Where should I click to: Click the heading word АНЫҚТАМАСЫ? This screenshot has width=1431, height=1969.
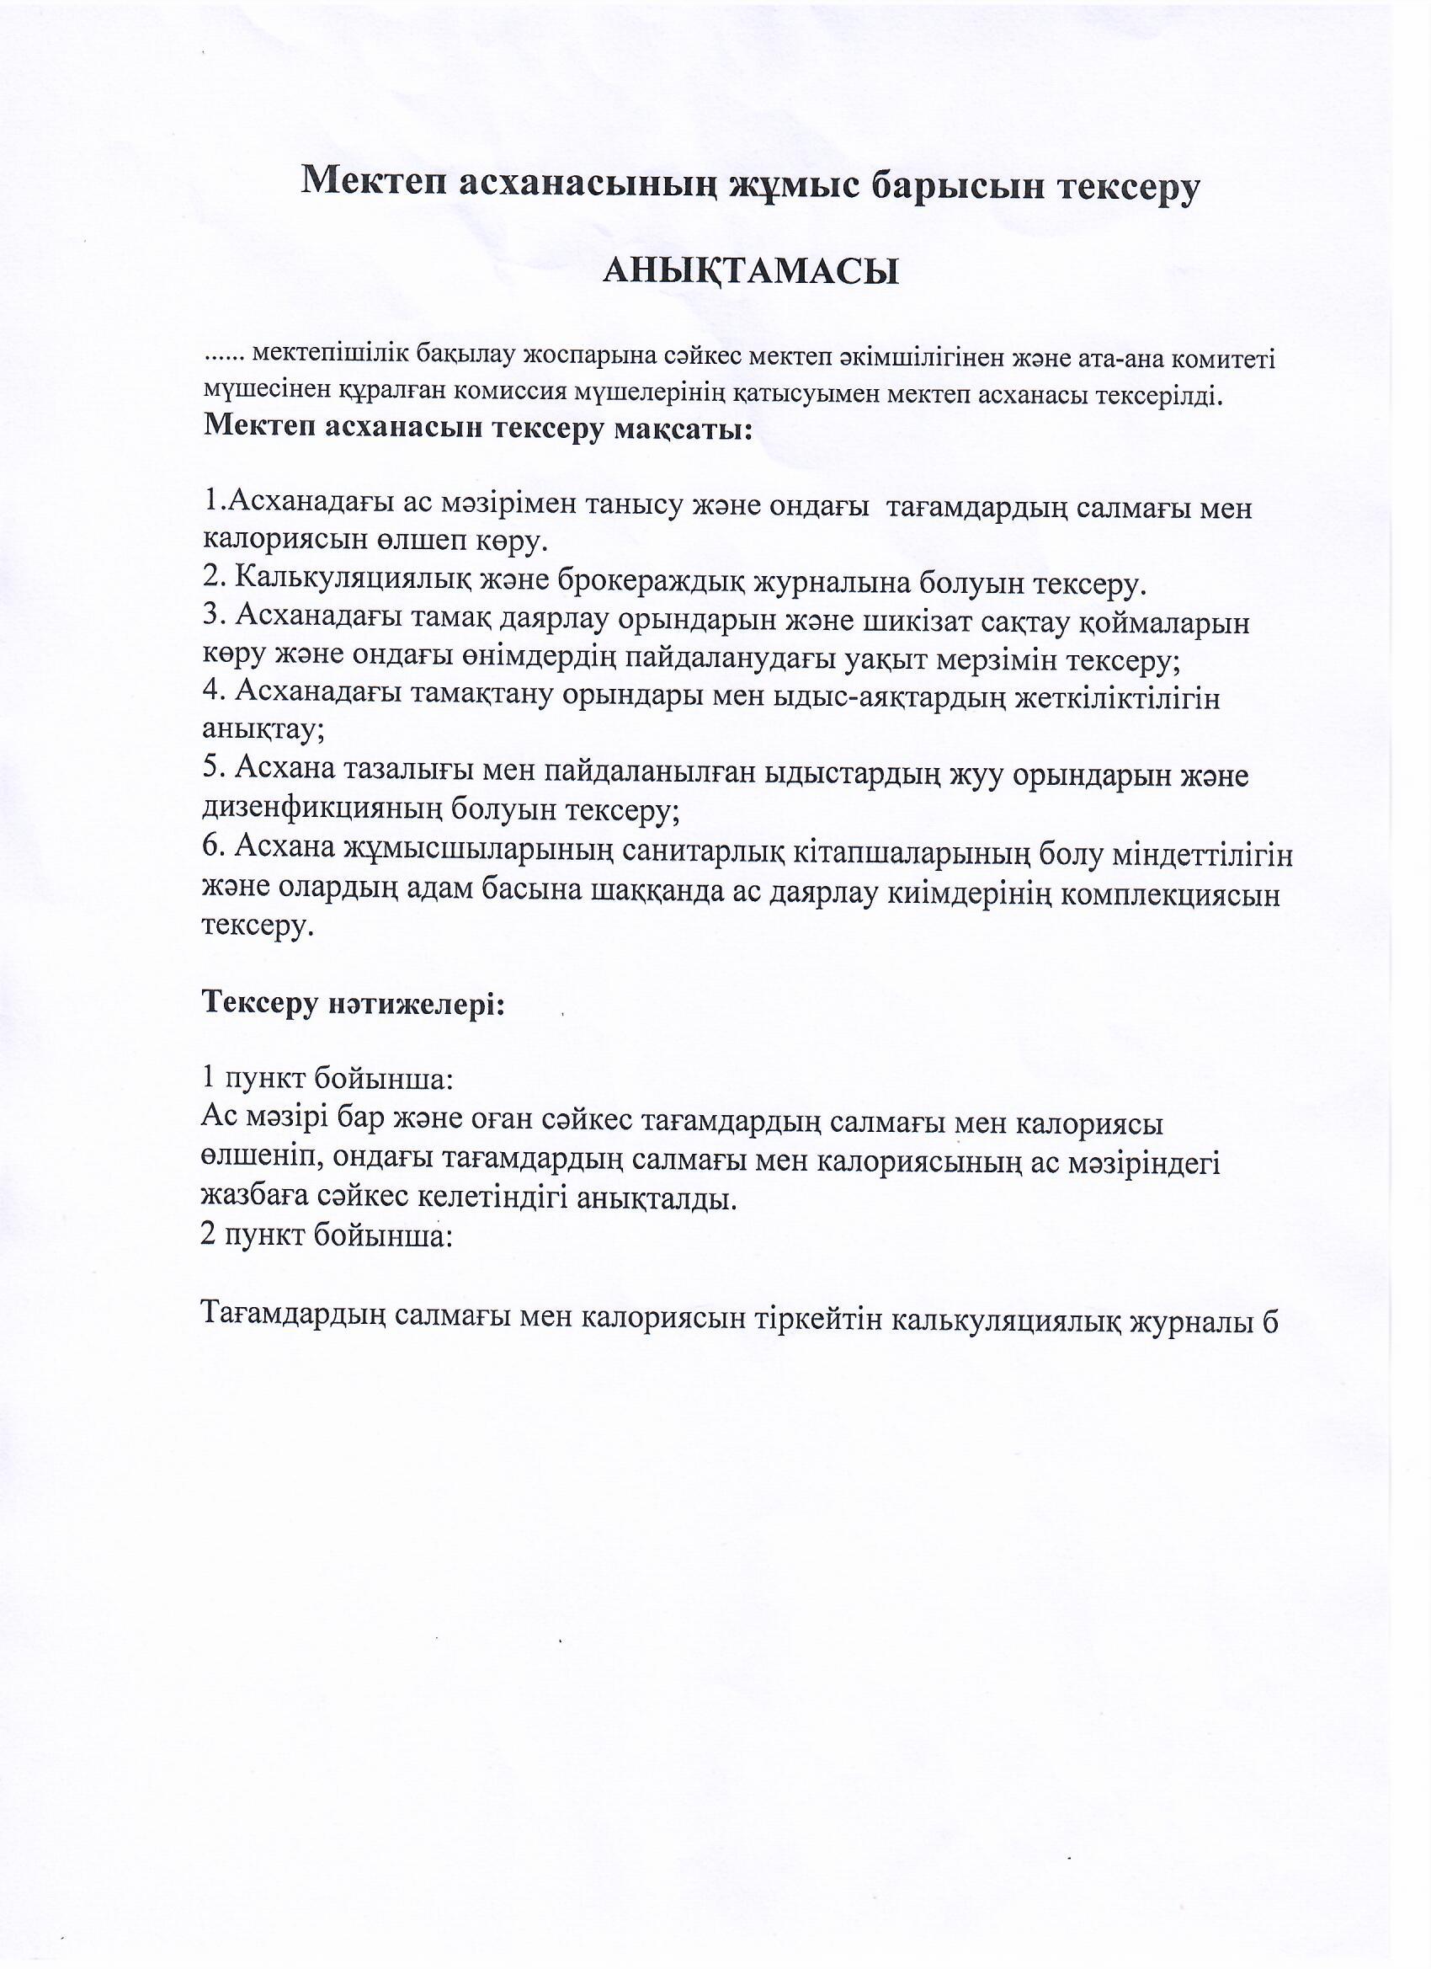[x=750, y=272]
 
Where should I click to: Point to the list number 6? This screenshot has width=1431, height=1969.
[x=212, y=846]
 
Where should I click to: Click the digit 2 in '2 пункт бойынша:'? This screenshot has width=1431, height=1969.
[x=209, y=1234]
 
